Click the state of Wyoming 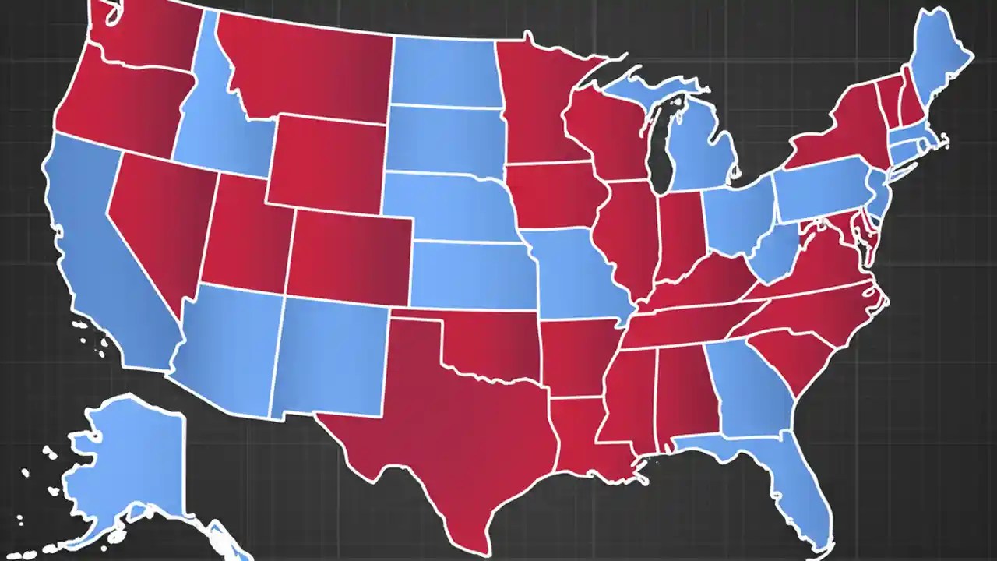(327, 164)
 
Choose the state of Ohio (736, 218)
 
